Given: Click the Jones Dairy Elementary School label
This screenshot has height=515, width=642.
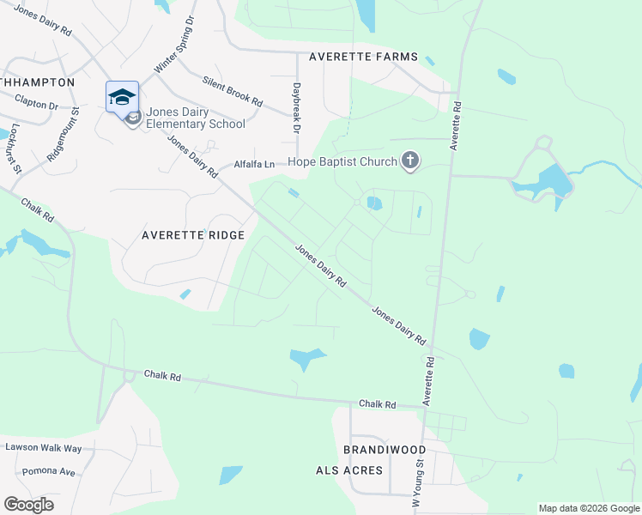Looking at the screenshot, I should coord(196,118).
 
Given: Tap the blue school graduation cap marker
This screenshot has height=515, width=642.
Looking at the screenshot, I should coord(122,95).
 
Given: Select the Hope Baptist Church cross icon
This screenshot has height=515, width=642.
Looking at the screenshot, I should coord(410,161).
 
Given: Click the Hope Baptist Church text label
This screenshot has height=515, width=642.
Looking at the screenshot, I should coord(342,161).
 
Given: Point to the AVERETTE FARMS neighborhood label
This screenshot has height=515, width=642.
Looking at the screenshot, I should coord(357,57).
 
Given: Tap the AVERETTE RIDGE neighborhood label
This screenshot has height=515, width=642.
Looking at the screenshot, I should coord(193,235).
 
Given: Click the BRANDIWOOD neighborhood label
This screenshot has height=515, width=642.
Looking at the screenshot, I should coord(385,450).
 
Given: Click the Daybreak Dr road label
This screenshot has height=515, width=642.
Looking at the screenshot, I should coord(296,107).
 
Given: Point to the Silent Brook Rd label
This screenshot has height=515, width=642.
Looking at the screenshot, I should coord(233,90).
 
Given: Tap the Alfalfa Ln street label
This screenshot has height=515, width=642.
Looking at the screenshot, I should coord(255,164).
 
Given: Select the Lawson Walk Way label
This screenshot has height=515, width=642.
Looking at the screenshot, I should coord(44,448).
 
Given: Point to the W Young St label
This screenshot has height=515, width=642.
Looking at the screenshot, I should coord(419,486).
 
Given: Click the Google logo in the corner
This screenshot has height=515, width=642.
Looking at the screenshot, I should coord(28,505).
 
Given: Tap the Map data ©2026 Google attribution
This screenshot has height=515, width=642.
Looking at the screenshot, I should coord(589,508).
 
